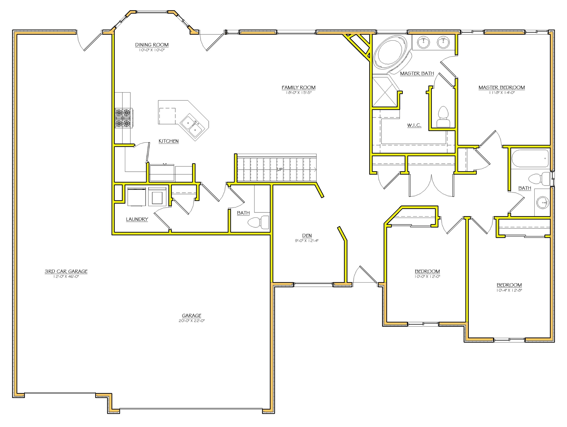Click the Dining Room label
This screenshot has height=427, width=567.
tap(152, 45)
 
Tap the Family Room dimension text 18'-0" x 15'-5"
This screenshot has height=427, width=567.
tap(298, 93)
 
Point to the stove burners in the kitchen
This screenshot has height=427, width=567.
tap(123, 118)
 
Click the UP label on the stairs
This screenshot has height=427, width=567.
tap(280, 169)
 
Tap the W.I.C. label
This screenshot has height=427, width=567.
tap(414, 125)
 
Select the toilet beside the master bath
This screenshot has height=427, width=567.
tap(443, 117)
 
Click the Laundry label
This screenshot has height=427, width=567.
tap(137, 219)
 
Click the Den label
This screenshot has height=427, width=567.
tap(307, 236)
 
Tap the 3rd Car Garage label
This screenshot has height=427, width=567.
tap(66, 271)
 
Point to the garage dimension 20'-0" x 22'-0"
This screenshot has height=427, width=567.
tap(191, 321)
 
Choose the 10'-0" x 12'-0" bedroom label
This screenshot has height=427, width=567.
tap(427, 271)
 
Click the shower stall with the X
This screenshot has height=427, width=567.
tap(384, 92)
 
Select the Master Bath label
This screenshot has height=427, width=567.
tap(417, 73)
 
